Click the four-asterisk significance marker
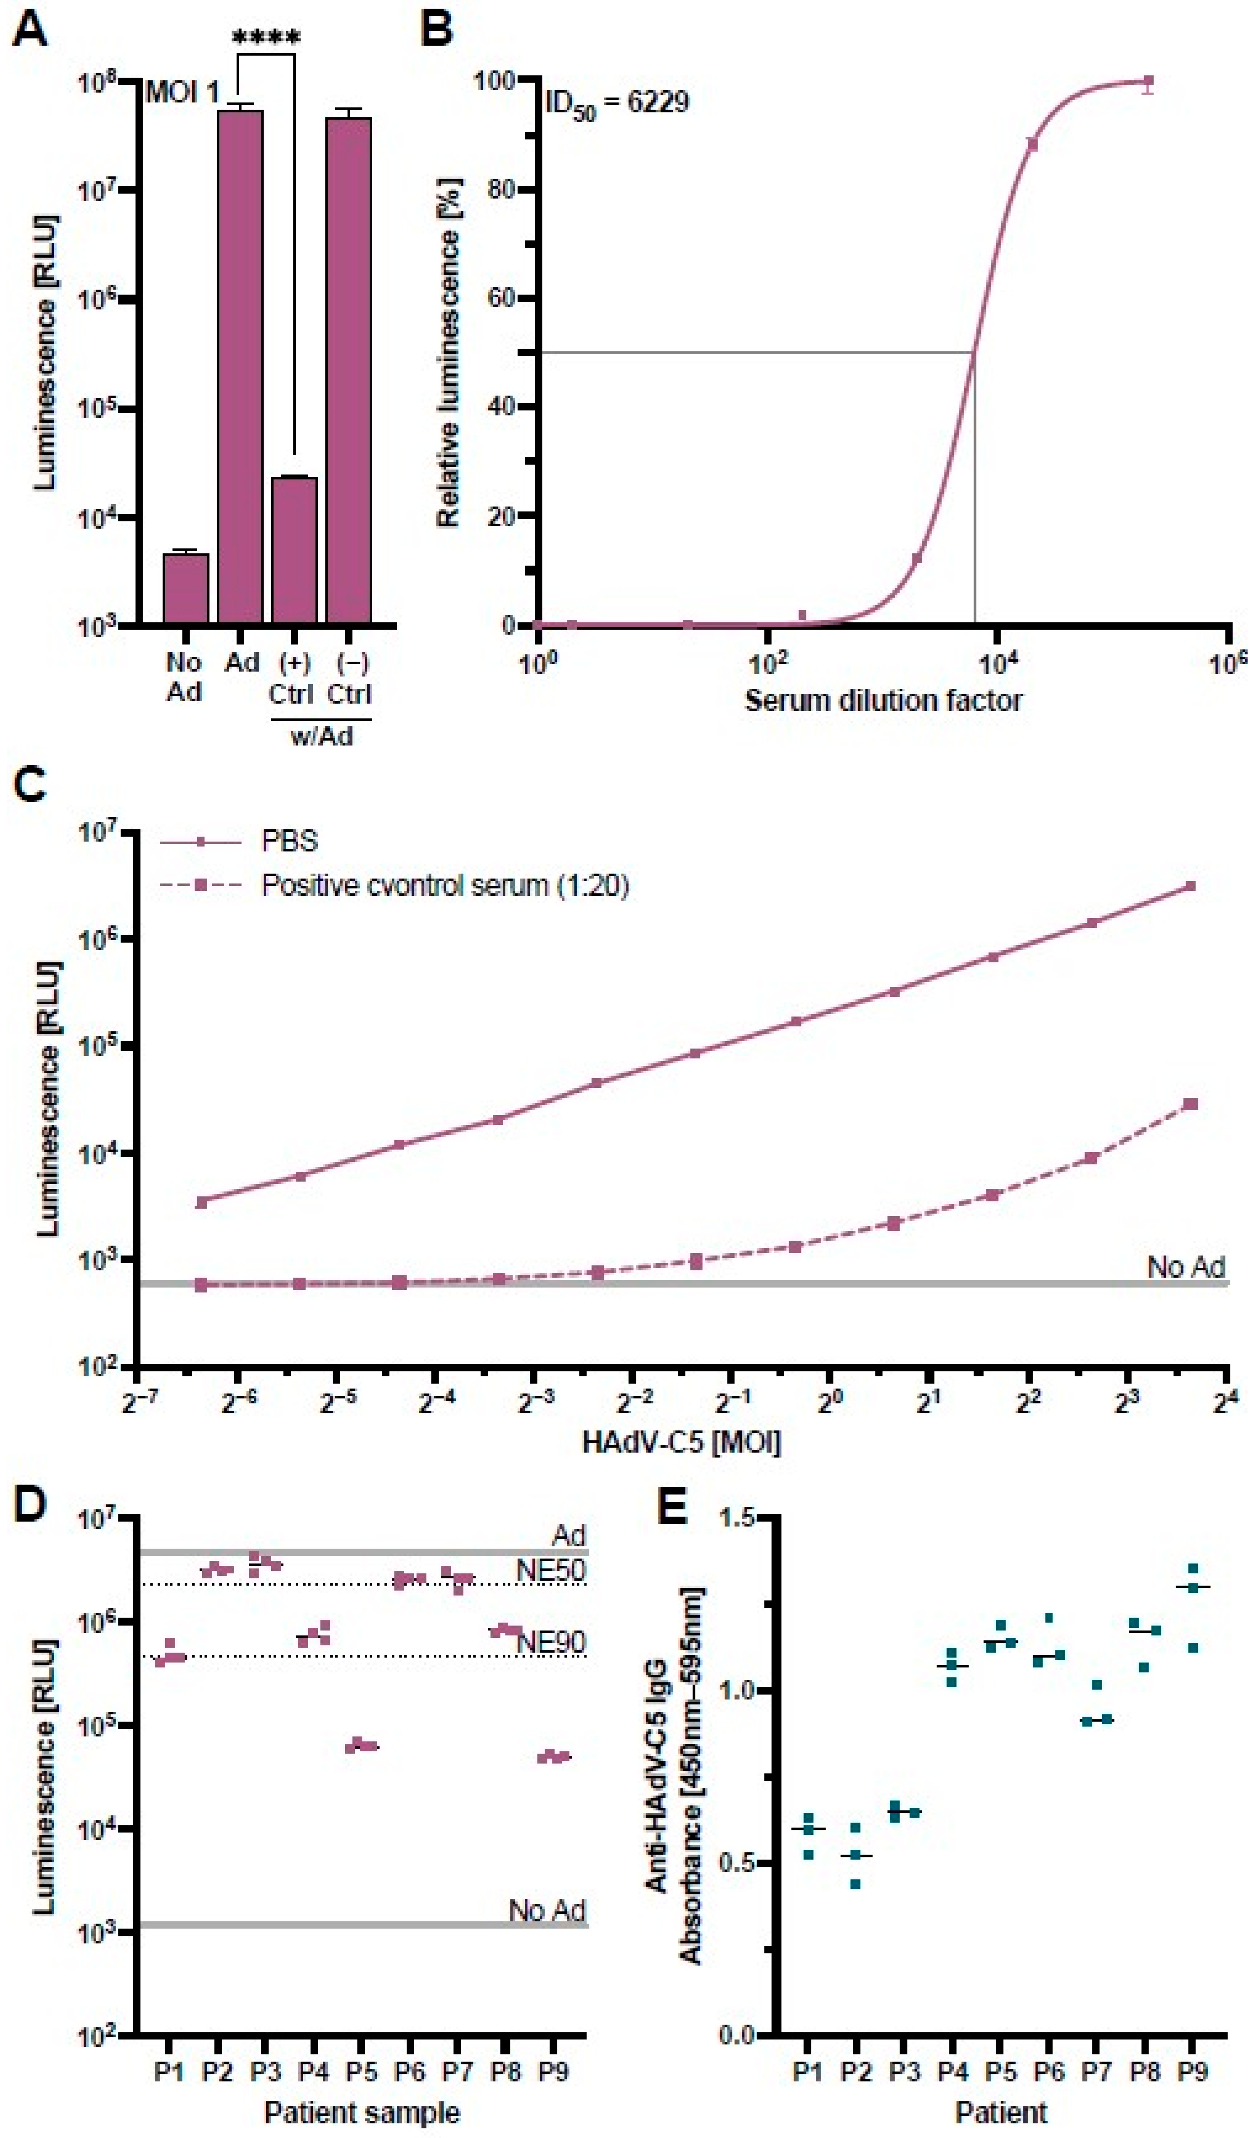click(266, 38)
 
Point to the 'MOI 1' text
click(181, 92)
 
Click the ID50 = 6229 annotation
click(616, 103)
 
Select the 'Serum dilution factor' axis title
click(883, 701)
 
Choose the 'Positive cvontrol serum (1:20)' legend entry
click(445, 886)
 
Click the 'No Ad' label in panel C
click(1185, 1267)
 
